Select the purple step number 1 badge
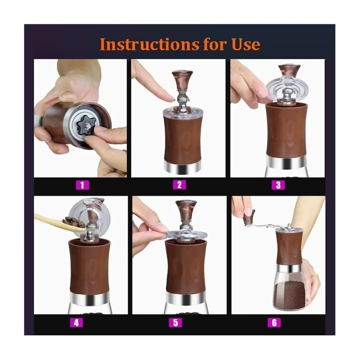pyautogui.click(x=82, y=185)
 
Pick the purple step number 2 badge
pyautogui.click(x=179, y=185)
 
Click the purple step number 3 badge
pyautogui.click(x=278, y=185)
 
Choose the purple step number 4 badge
pyautogui.click(x=76, y=323)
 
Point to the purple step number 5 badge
pyautogui.click(x=175, y=323)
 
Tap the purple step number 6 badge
pyautogui.click(x=274, y=323)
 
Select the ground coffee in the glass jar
pyautogui.click(x=289, y=294)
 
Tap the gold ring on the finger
pyautogui.click(x=315, y=276)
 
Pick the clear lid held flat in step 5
pyautogui.click(x=186, y=235)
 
